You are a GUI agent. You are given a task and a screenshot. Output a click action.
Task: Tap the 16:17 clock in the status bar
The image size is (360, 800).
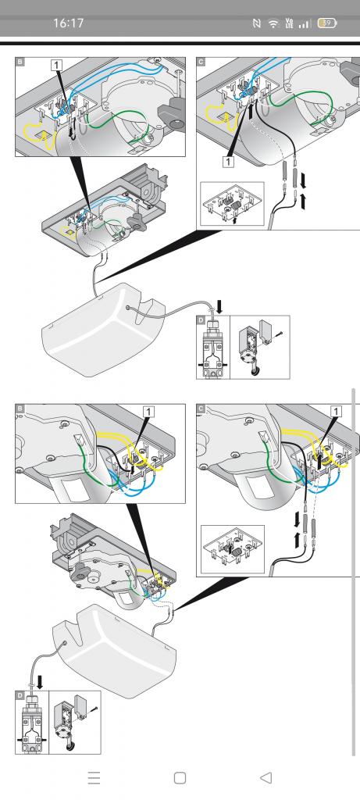tap(68, 23)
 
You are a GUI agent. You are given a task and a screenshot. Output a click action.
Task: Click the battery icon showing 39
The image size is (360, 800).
tap(327, 23)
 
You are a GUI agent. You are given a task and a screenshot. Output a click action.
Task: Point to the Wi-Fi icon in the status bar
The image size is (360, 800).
tap(274, 23)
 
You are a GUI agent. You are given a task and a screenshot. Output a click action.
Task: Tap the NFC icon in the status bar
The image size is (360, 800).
tap(257, 23)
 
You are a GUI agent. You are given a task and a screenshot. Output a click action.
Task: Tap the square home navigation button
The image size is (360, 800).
tap(180, 777)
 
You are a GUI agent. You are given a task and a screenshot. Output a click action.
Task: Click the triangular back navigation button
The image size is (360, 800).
tap(266, 777)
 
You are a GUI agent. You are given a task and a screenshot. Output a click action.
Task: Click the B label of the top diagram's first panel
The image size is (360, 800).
tap(20, 62)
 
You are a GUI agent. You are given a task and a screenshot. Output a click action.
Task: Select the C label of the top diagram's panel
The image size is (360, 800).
tap(201, 62)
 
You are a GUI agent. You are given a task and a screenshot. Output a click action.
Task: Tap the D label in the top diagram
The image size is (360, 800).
tap(201, 320)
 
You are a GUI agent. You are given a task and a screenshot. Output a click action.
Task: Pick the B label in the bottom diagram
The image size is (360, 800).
tap(20, 409)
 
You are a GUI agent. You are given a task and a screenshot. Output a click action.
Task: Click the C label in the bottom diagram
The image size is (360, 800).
tap(201, 409)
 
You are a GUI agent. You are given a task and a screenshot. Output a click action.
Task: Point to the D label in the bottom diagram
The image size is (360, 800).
tap(20, 695)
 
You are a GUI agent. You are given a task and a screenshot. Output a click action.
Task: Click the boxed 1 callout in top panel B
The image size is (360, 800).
tap(56, 65)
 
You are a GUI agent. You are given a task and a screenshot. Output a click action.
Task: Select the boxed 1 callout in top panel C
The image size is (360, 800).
tap(228, 161)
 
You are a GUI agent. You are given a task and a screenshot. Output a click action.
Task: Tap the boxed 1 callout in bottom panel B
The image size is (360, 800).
tap(148, 411)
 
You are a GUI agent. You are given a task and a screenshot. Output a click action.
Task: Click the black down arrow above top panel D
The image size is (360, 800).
tap(219, 307)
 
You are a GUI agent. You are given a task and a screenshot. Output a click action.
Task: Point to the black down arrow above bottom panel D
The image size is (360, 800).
tap(39, 681)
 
